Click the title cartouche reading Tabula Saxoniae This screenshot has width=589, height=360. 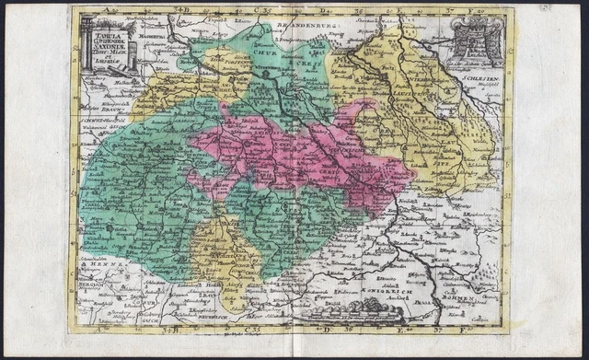point(104,45)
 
